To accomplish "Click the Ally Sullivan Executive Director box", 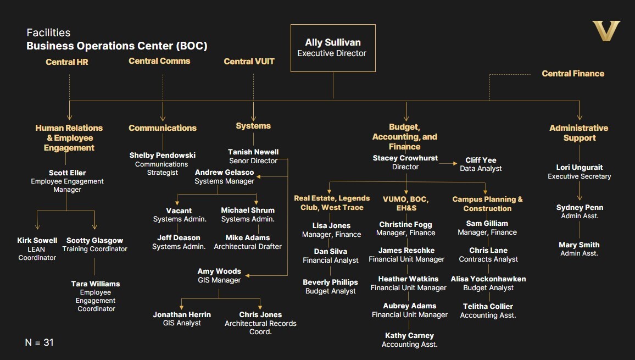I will [333, 48].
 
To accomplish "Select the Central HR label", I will [67, 62].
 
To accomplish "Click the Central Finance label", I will [573, 74].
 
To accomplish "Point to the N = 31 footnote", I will [40, 342].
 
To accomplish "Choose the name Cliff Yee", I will [481, 160].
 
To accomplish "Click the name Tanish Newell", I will [253, 152].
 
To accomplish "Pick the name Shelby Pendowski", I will [163, 156].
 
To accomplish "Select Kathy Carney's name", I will [409, 336].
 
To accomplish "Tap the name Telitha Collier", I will [488, 307].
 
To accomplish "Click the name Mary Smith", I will [579, 245].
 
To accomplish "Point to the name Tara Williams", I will [96, 284].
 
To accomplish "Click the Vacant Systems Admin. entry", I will [179, 214].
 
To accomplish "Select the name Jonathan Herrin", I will [182, 315].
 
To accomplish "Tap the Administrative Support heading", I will [579, 133].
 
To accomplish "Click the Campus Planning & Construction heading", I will [487, 204].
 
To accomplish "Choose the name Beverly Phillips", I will [330, 283].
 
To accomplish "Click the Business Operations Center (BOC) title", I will [117, 46].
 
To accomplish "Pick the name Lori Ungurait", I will [579, 168].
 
